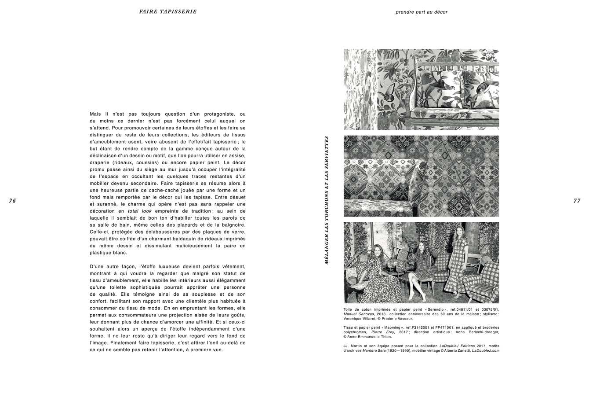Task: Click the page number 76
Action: coord(12,201)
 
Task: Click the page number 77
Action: coord(577,201)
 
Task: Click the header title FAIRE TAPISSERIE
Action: coord(167,12)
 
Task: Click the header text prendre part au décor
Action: coord(421,12)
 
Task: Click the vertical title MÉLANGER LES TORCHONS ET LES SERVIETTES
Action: coord(327,200)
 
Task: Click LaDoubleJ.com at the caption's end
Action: coord(486,350)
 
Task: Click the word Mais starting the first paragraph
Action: coord(95,114)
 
